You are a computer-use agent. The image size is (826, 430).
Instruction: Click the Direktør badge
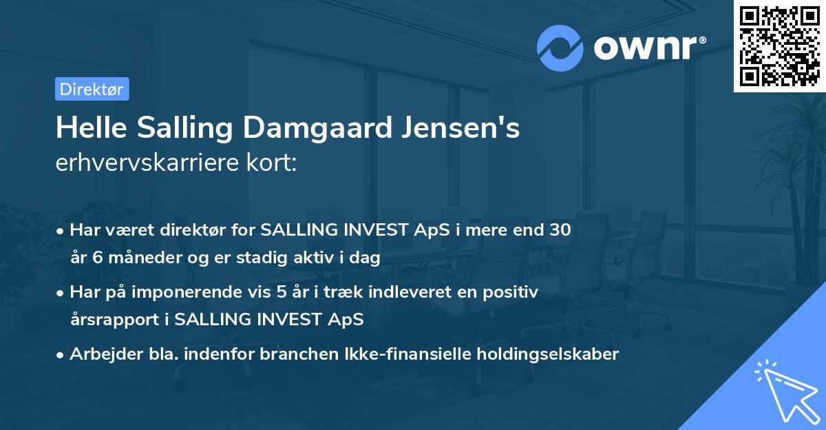click(x=92, y=89)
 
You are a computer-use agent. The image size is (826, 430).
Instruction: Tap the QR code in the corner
click(x=779, y=46)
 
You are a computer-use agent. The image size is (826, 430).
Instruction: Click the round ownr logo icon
click(x=560, y=48)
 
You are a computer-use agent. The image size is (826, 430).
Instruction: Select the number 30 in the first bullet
click(x=559, y=230)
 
